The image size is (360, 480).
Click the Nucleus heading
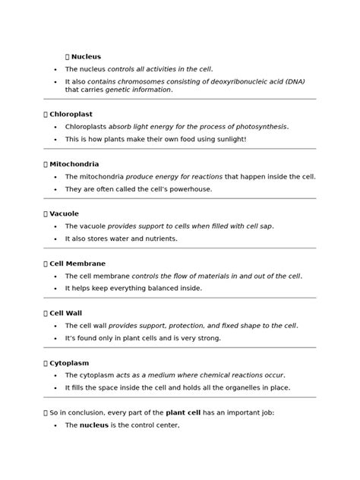point(86,57)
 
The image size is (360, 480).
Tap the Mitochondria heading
point(74,164)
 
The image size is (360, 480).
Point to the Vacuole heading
point(64,214)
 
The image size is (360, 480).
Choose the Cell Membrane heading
point(77,264)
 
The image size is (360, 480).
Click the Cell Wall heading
point(66,313)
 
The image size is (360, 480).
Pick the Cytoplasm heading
point(69,363)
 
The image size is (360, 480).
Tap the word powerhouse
point(190,189)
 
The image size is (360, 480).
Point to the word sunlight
point(226,140)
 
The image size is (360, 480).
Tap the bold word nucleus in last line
point(94,425)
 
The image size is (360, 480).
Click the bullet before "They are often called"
point(56,189)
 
